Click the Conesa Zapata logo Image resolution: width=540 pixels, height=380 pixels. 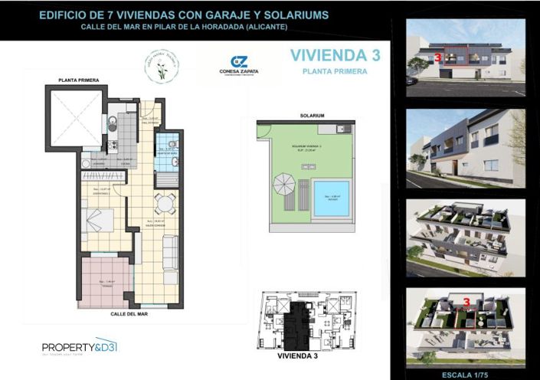tap(239, 66)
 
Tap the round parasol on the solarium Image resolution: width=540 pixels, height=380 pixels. tap(283, 186)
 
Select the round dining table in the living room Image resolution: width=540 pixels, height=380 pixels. tap(165, 203)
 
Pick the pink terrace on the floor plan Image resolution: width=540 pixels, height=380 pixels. tap(105, 281)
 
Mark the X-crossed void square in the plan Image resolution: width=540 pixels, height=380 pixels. tap(75, 118)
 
